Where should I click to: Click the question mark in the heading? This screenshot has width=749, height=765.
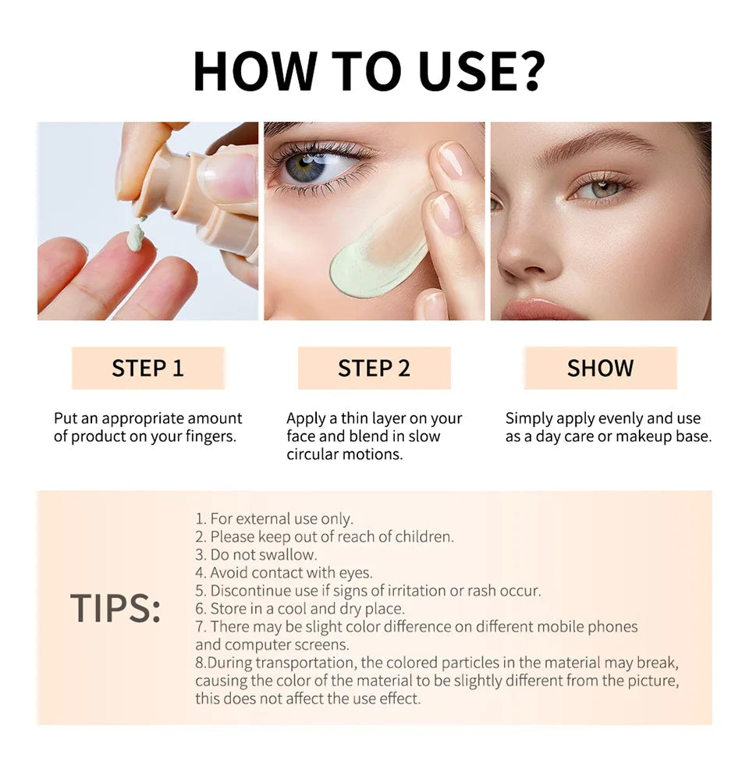(x=526, y=72)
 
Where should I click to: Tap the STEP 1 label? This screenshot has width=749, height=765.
(x=147, y=368)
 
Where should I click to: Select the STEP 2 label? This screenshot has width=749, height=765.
(x=374, y=368)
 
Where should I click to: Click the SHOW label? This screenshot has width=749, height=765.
(x=600, y=368)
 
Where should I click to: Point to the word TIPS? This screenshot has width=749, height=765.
(x=115, y=608)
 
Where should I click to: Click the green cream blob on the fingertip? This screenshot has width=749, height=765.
(x=136, y=237)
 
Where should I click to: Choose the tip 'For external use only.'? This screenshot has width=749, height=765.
(x=274, y=519)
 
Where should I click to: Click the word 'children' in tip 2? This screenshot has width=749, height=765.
(x=423, y=537)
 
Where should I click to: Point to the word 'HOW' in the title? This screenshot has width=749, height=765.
(x=247, y=72)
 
